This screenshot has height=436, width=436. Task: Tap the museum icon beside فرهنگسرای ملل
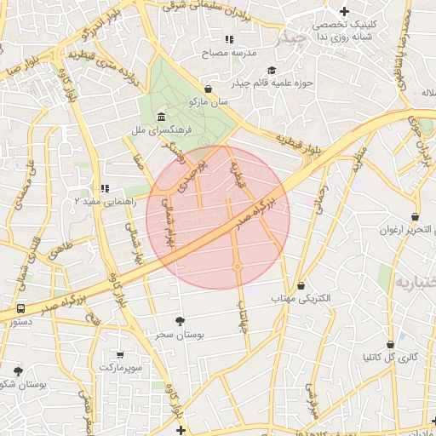[162, 117]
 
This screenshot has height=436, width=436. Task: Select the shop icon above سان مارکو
[209, 89]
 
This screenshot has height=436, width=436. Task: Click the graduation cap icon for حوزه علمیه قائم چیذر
[271, 71]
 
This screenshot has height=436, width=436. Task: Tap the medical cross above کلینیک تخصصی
[344, 12]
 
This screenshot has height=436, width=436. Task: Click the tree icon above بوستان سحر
[179, 321]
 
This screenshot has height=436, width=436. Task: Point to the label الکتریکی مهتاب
[301, 299]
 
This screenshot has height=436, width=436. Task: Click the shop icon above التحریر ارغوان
[415, 216]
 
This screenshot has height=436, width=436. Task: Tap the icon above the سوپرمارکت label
[118, 353]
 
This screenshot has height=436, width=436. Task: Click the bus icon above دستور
[20, 308]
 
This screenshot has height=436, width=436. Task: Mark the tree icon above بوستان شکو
[19, 370]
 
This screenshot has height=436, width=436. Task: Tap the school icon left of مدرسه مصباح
[227, 39]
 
